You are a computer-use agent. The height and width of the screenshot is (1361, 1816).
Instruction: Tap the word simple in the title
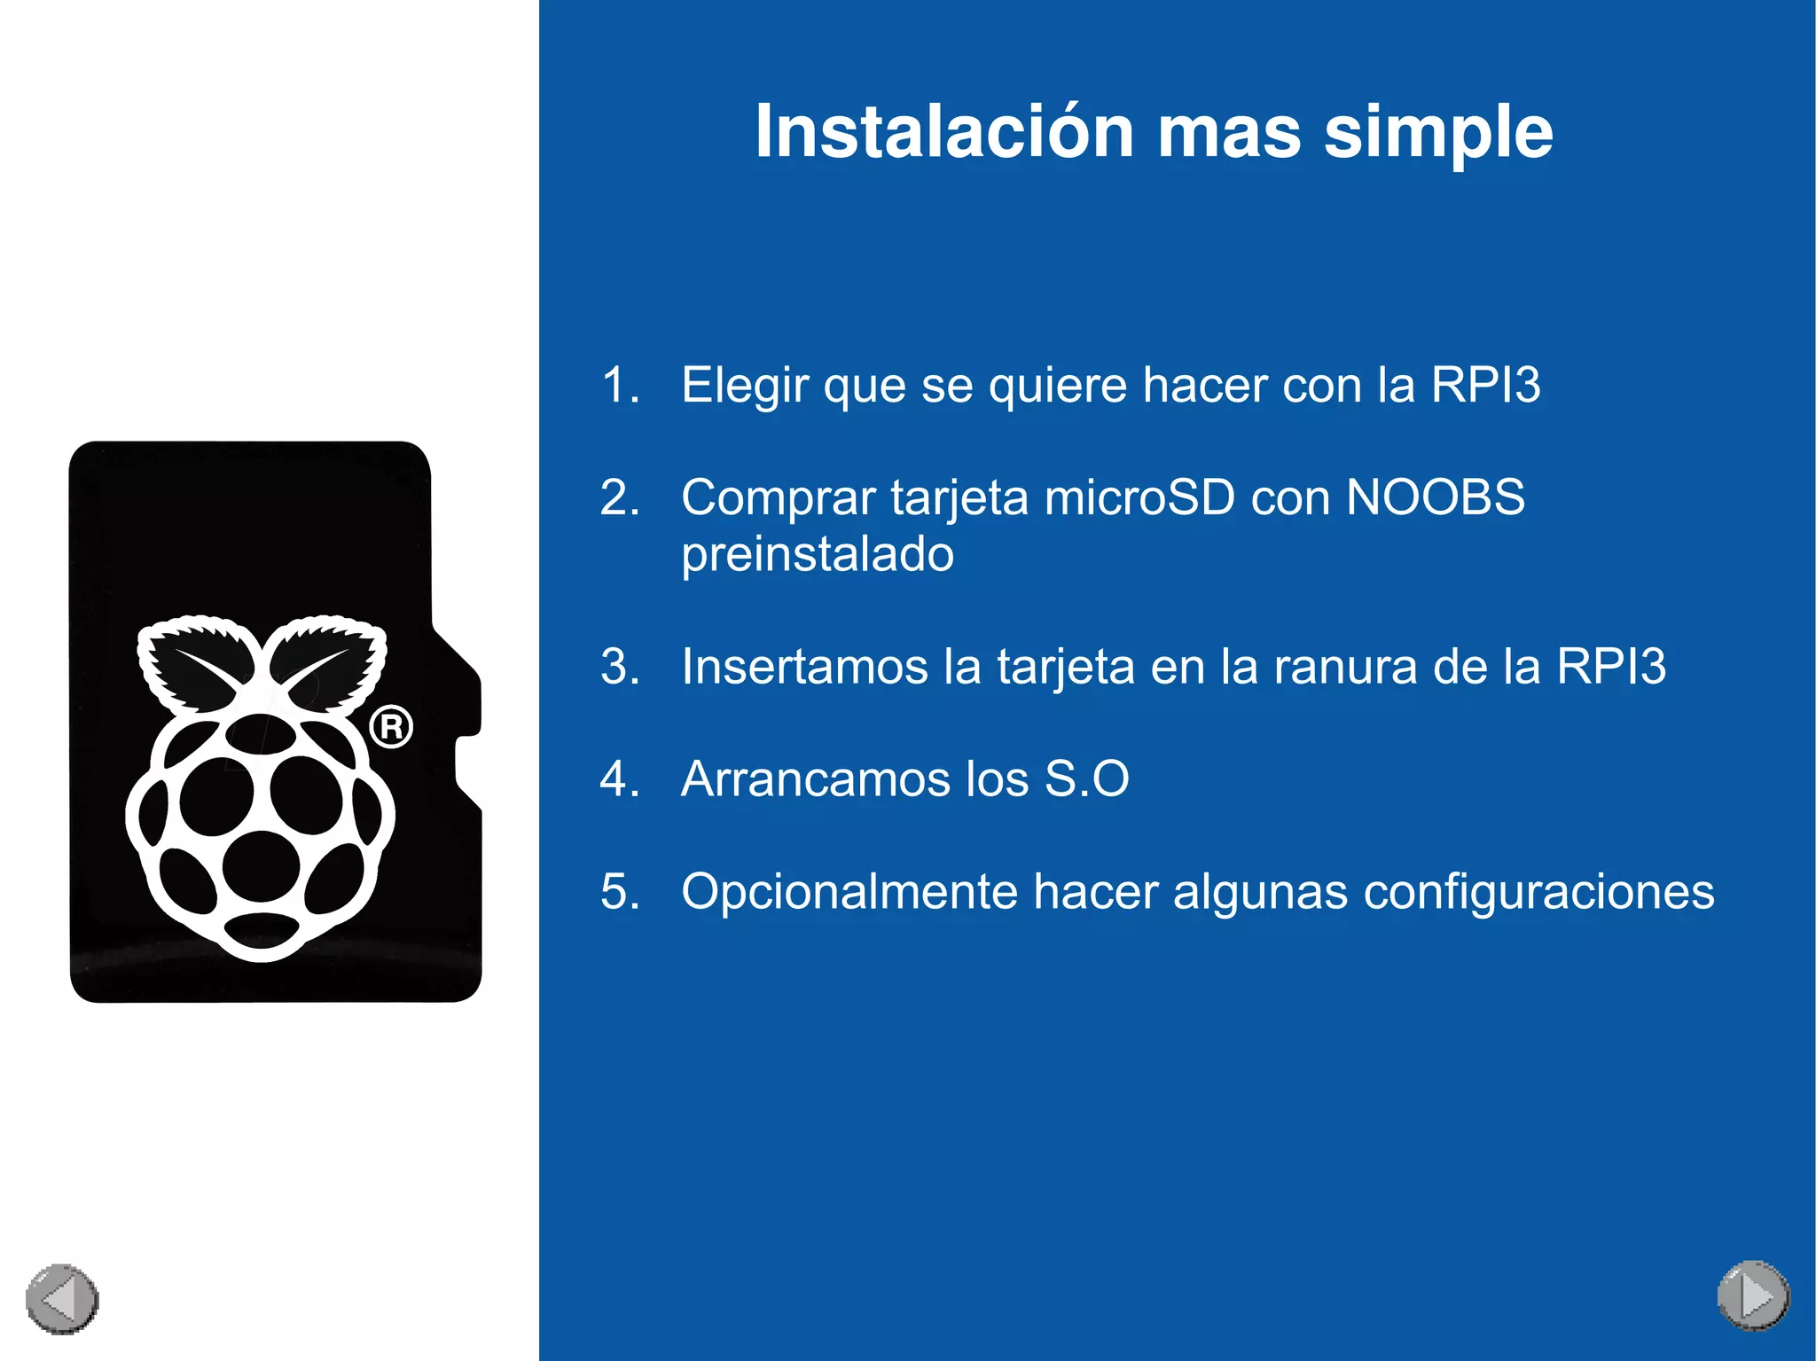coord(1437,133)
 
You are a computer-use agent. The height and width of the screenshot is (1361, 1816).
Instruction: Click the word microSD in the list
coord(1139,497)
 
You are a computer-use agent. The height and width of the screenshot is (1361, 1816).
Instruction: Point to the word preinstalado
coord(817,555)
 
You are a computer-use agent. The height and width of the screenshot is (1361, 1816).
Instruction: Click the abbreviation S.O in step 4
coord(1086,779)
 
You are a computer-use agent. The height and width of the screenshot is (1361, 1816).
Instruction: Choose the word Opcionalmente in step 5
coord(849,892)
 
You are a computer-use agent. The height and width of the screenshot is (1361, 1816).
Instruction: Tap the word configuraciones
coord(1538,892)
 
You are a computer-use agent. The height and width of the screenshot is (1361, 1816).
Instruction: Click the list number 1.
coord(619,386)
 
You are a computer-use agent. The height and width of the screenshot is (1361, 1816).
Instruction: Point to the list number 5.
coord(619,892)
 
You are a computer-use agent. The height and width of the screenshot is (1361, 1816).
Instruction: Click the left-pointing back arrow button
coord(62,1299)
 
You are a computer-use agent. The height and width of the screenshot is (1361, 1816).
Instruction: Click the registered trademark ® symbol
coord(391,727)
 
